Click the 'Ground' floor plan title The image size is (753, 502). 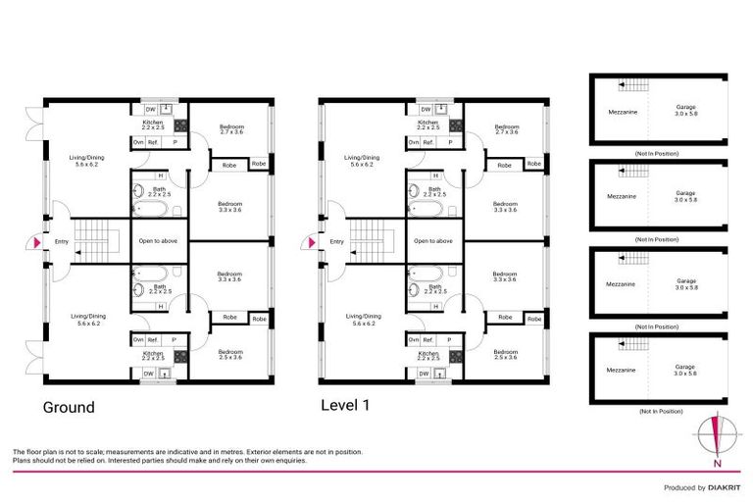68,407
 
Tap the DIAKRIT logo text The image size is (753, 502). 722,487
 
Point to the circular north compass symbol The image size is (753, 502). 718,432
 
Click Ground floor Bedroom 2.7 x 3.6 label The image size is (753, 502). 231,129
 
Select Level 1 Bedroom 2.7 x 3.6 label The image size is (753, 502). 506,129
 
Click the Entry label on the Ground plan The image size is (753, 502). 62,241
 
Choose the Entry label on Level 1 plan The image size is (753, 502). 336,241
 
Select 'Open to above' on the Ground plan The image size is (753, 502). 158,241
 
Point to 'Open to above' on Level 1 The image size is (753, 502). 432,241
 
